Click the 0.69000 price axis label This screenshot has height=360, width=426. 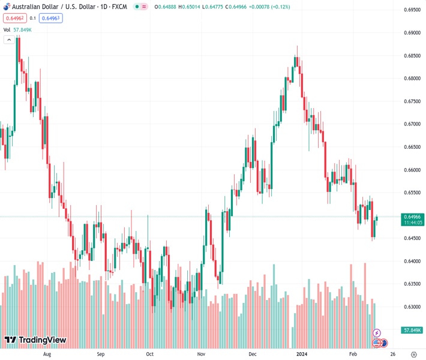click(412, 33)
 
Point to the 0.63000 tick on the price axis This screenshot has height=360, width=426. click(412, 307)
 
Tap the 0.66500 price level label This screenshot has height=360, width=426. click(412, 147)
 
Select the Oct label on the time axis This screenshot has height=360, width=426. click(149, 354)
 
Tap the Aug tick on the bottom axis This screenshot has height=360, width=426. click(48, 354)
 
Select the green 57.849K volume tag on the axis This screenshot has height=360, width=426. click(412, 330)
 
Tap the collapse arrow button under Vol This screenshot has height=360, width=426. click(9, 40)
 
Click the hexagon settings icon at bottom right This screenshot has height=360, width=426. click(413, 354)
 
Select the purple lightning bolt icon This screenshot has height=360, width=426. click(377, 332)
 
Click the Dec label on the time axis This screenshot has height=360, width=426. click(253, 354)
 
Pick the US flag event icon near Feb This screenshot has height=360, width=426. click(377, 343)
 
